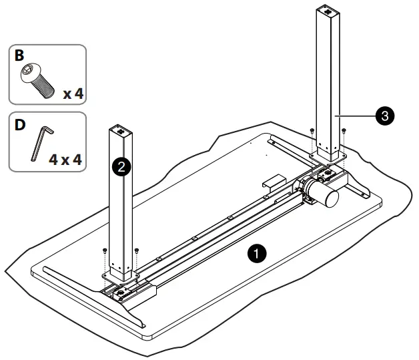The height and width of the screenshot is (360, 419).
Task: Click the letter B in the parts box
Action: (20, 55)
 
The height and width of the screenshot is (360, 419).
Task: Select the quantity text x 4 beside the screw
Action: (73, 94)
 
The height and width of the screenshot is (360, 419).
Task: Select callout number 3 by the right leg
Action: (383, 116)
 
